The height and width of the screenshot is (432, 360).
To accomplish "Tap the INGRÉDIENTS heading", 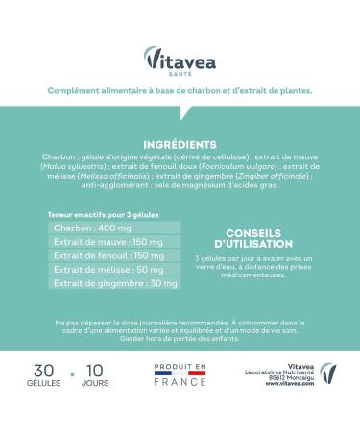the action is tap(180, 144).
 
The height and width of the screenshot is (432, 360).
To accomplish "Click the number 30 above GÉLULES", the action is tap(43, 370).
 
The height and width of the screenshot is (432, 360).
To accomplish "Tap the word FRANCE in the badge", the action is tap(180, 382).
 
